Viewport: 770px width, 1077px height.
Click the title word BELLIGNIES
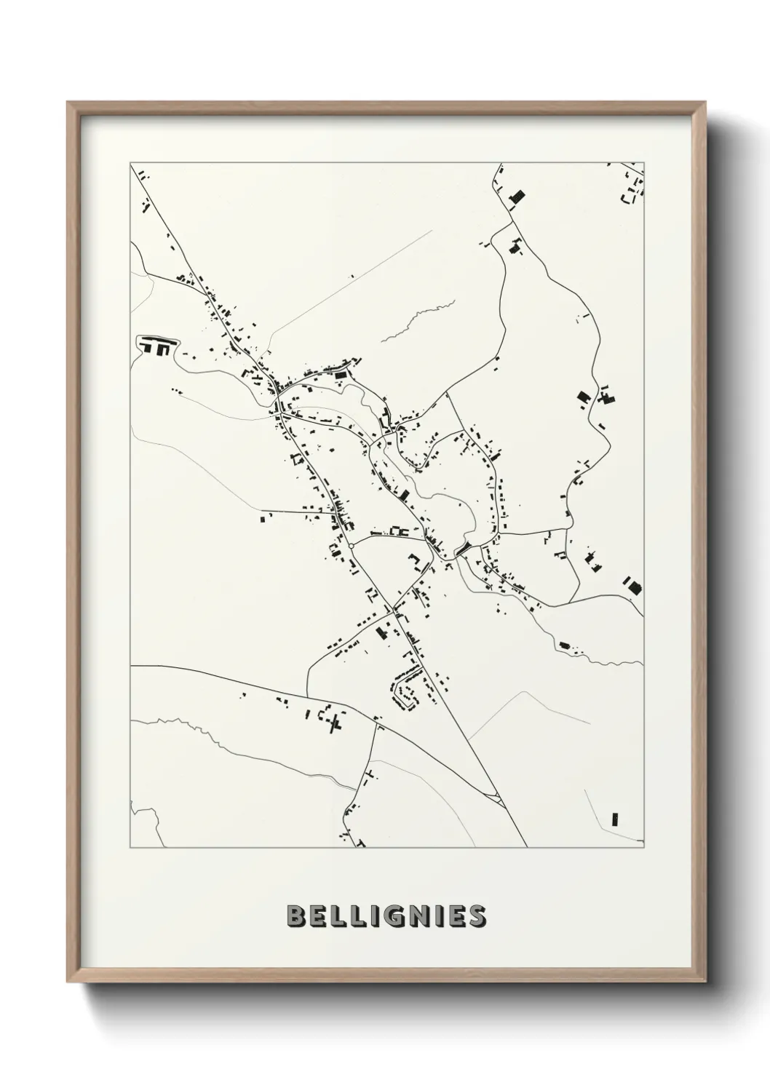pyautogui.click(x=386, y=916)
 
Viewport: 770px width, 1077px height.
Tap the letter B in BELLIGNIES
pyautogui.click(x=295, y=916)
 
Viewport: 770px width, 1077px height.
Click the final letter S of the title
pyautogui.click(x=477, y=916)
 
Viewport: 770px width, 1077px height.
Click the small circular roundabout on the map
pyautogui.click(x=351, y=545)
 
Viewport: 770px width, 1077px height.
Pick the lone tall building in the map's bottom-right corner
pyautogui.click(x=615, y=819)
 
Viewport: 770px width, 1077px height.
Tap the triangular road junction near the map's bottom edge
pyautogui.click(x=498, y=799)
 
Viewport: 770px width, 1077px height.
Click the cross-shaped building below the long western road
pyautogui.click(x=336, y=723)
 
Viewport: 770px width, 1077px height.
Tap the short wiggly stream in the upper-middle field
pyautogui.click(x=418, y=320)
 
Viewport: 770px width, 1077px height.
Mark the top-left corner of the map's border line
pyautogui.click(x=131, y=164)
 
